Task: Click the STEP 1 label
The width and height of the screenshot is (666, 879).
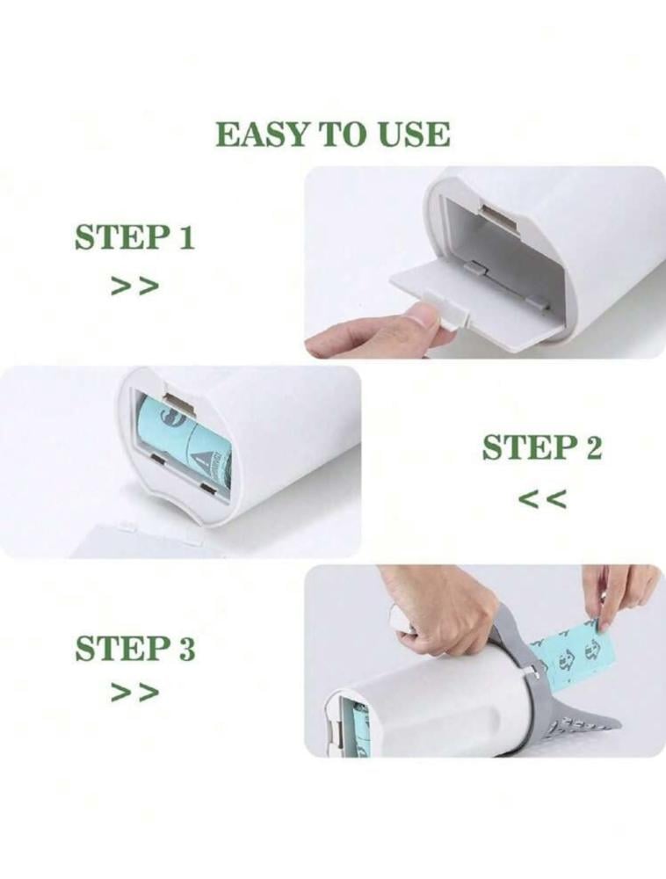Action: click(134, 237)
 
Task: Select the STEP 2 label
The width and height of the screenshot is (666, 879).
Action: click(542, 447)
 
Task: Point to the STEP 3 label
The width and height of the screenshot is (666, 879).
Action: click(135, 648)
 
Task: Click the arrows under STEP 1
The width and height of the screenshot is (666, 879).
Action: click(135, 286)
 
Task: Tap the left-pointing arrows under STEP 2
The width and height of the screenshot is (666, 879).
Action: click(542, 498)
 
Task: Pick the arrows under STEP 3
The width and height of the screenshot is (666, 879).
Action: click(135, 693)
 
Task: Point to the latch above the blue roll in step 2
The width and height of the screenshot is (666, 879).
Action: click(179, 396)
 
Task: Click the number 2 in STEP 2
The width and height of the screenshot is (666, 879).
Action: click(592, 448)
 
